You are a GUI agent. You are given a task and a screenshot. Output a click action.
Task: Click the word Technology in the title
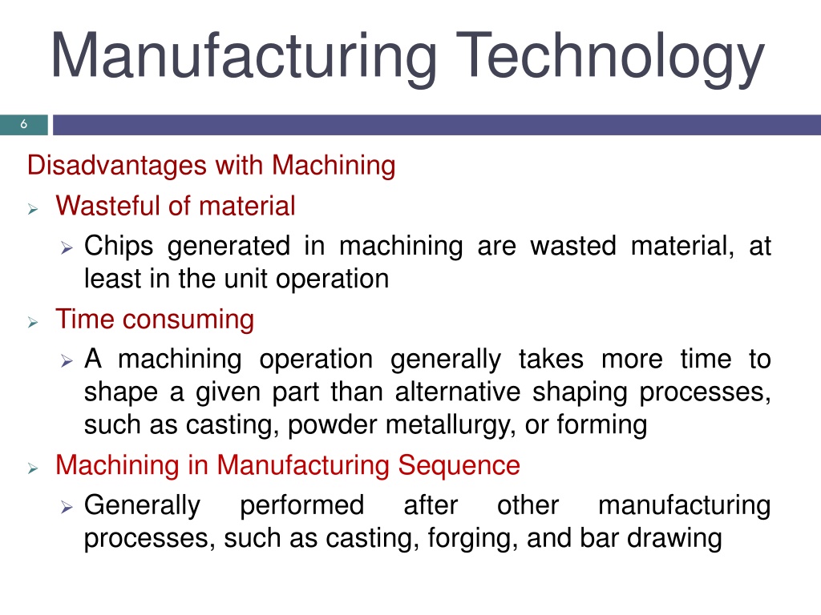[610, 58]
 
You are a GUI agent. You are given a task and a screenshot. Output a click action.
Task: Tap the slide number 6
[23, 124]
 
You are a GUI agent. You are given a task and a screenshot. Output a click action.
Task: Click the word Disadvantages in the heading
[117, 166]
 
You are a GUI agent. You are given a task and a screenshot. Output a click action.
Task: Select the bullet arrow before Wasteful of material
[33, 209]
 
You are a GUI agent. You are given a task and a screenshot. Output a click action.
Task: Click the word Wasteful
[108, 206]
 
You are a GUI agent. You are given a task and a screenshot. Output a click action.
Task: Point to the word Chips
[119, 247]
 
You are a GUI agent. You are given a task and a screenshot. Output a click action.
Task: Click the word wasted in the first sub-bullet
[572, 246]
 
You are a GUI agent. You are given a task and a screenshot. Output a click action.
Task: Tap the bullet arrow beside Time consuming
[33, 322]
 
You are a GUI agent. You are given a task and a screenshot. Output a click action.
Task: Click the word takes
[551, 360]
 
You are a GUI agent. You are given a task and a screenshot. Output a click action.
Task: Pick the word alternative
[458, 392]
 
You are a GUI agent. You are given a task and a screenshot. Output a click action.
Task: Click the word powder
[332, 424]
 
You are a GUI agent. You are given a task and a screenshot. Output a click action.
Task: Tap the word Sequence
[459, 465]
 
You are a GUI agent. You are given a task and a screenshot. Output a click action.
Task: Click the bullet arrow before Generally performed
[66, 507]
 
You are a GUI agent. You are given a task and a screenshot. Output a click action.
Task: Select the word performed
[301, 506]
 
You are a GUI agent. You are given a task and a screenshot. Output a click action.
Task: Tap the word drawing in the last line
[674, 539]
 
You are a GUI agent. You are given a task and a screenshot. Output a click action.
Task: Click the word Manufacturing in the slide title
[244, 58]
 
